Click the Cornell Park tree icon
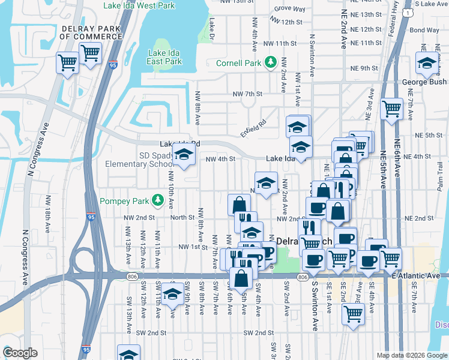(x=270, y=62)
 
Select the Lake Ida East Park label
(x=164, y=57)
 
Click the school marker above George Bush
(x=427, y=63)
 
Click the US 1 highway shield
(x=409, y=12)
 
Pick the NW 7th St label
(x=248, y=94)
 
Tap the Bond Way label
(x=424, y=29)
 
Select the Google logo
(x=20, y=353)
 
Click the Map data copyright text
(x=411, y=355)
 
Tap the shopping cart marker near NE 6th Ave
(x=391, y=109)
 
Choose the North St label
(x=182, y=217)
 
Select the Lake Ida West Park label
(x=139, y=5)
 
